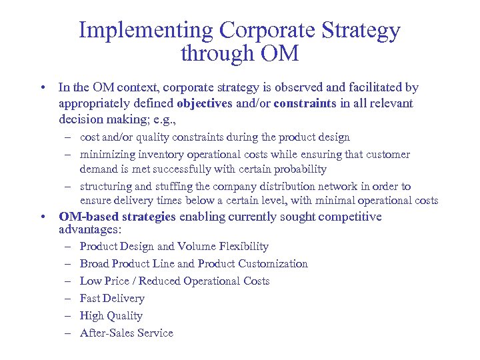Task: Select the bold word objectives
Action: click(204, 104)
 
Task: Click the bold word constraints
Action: click(305, 104)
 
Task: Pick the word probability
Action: click(302, 169)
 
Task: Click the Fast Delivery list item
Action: click(112, 299)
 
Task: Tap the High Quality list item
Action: click(111, 316)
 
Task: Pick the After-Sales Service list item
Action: click(126, 333)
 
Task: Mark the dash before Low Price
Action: click(69, 281)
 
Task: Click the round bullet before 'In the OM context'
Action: click(43, 87)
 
